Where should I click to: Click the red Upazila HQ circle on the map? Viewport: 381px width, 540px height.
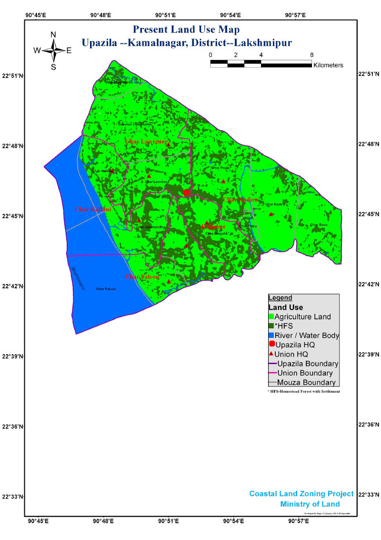pyautogui.click(x=186, y=192)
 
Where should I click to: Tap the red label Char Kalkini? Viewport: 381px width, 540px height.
pyautogui.click(x=92, y=209)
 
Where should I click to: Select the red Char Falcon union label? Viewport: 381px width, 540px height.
pyautogui.click(x=142, y=277)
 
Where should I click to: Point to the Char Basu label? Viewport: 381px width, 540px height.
pyautogui.click(x=319, y=224)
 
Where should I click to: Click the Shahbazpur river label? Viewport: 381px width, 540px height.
pyautogui.click(x=74, y=276)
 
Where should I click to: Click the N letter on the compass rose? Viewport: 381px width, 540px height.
pyautogui.click(x=53, y=34)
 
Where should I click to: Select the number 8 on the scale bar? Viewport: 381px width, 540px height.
pyautogui.click(x=311, y=55)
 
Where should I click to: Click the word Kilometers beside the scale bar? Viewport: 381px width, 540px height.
pyautogui.click(x=329, y=65)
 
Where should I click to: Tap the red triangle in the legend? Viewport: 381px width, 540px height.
pyautogui.click(x=271, y=354)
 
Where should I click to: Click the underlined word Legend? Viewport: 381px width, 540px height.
pyautogui.click(x=280, y=297)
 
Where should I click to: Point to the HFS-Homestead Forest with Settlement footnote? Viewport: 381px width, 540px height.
pyautogui.click(x=304, y=391)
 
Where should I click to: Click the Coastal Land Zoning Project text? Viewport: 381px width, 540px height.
pyautogui.click(x=301, y=494)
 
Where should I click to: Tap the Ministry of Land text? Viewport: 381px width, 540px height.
pyautogui.click(x=310, y=504)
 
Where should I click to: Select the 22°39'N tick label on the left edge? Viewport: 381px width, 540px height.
pyautogui.click(x=13, y=357)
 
